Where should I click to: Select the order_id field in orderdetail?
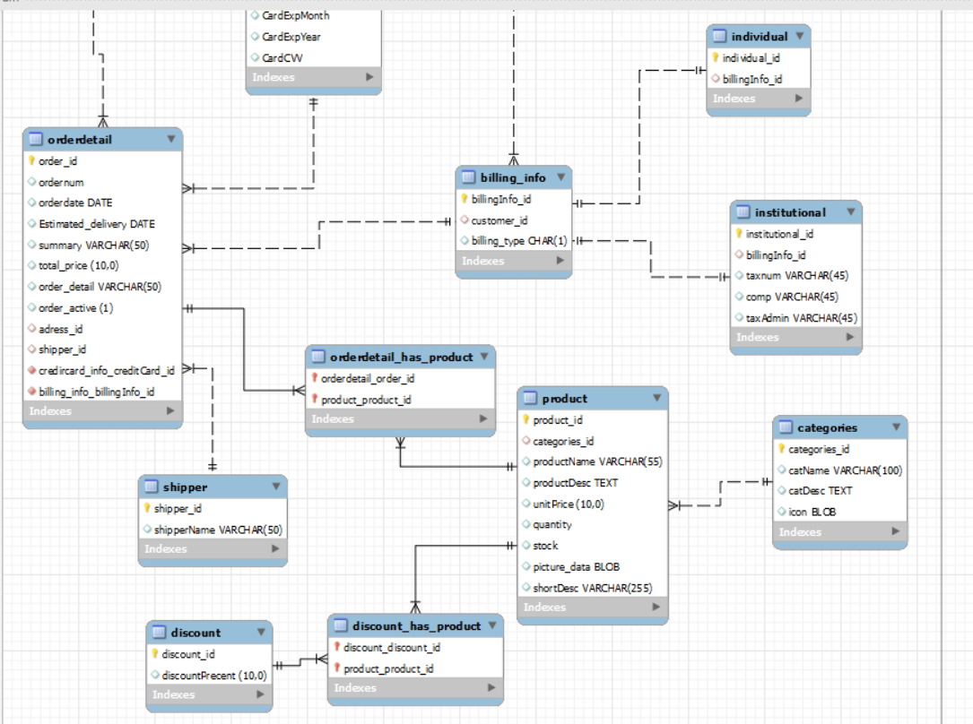(57, 161)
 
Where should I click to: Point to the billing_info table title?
(512, 177)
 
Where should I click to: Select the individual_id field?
(751, 58)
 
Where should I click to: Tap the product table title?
(564, 398)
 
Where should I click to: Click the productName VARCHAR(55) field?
(596, 461)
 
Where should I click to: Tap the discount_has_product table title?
(416, 625)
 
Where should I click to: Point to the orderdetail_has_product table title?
(400, 357)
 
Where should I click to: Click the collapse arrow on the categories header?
(895, 427)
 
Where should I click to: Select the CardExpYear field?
(291, 37)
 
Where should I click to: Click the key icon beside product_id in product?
(526, 419)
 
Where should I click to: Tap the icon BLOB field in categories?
(812, 512)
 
